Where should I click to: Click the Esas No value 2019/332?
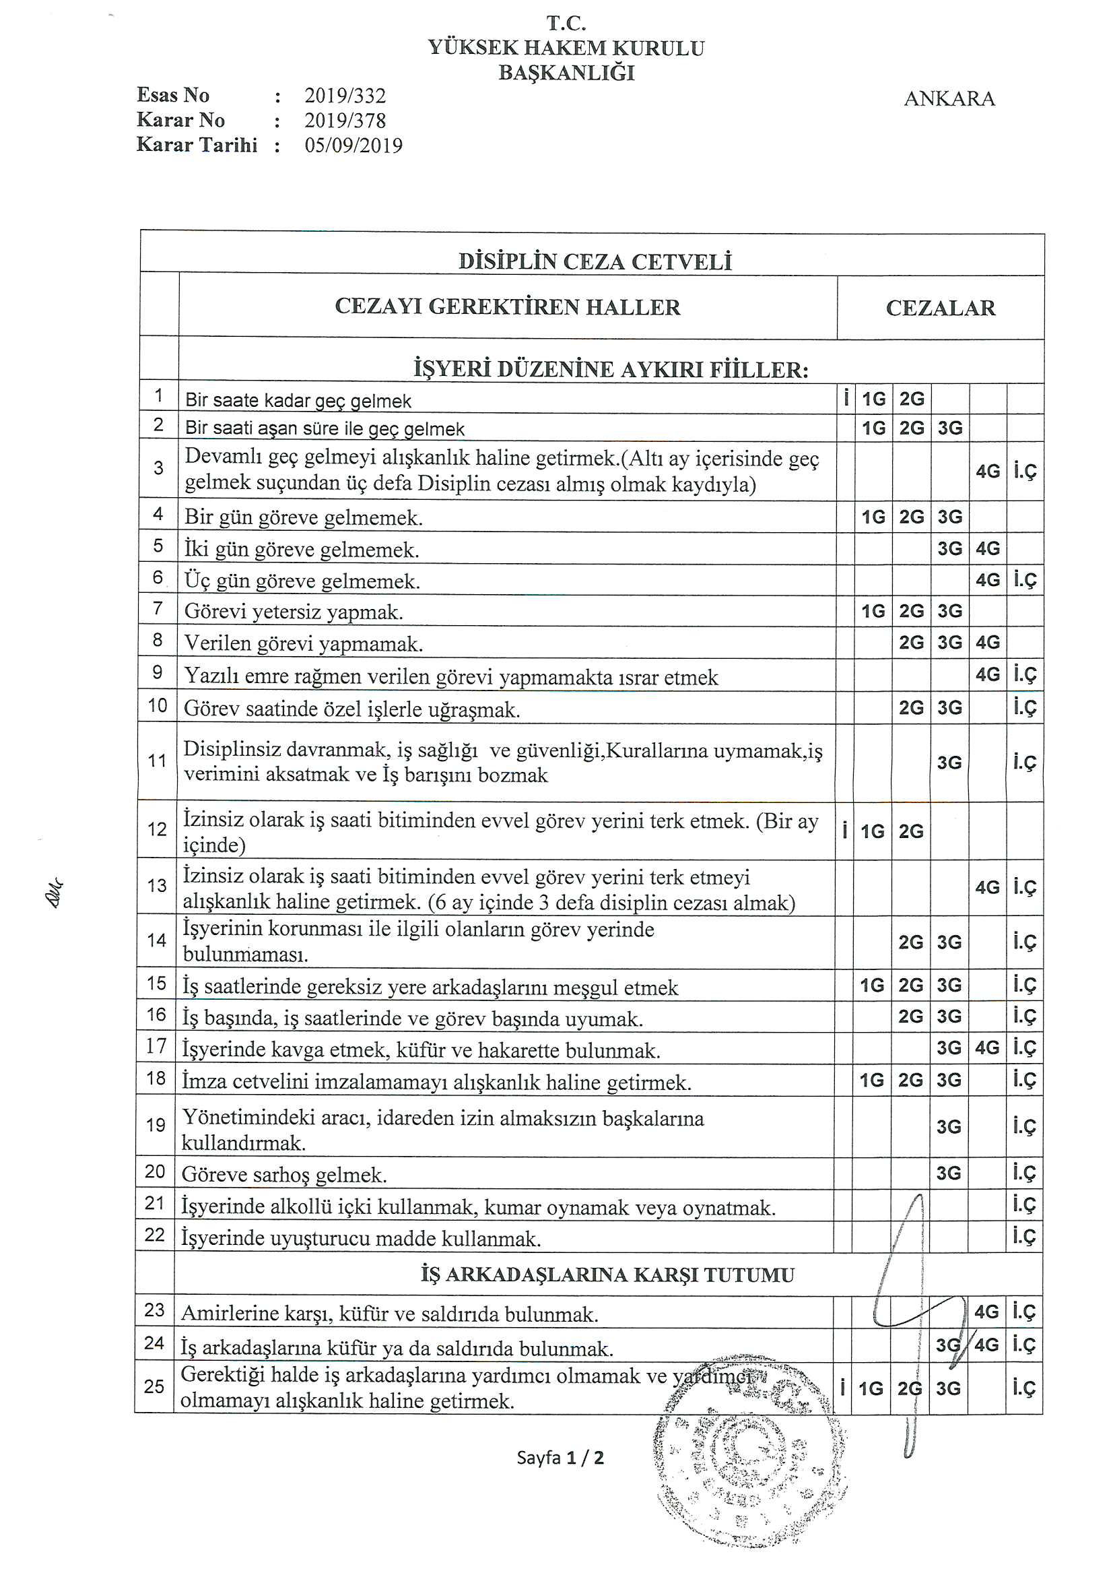(345, 96)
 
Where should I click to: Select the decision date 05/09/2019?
(353, 146)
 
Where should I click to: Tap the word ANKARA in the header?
(949, 99)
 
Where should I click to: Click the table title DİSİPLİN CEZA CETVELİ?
(595, 261)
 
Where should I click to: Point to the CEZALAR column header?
(940, 308)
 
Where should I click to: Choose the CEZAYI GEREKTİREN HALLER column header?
(508, 307)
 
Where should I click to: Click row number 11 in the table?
(157, 761)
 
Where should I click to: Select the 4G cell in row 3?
(988, 472)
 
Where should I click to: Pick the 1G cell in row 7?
(873, 611)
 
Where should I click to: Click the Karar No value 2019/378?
(345, 121)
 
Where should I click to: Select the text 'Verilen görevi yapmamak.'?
(303, 644)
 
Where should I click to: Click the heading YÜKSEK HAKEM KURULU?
(566, 48)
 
